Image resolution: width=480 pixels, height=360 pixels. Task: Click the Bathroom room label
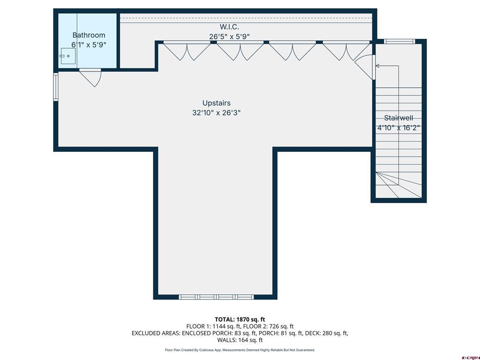tap(89, 35)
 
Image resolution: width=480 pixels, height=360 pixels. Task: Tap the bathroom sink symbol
tap(66, 56)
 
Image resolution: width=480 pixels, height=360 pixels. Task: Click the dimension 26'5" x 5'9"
tap(229, 36)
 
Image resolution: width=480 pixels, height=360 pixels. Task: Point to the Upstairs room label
tap(216, 103)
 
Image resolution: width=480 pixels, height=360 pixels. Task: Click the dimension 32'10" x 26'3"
tap(216, 112)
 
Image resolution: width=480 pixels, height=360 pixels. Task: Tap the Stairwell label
tap(398, 118)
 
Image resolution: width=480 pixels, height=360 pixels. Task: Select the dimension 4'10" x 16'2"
tap(398, 127)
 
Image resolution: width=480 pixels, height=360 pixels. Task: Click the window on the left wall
tap(56, 87)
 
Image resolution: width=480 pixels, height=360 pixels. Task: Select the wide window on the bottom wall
tap(216, 297)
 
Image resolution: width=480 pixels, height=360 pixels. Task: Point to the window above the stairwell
tap(399, 42)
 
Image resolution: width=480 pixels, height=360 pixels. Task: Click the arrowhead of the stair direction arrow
tap(377, 66)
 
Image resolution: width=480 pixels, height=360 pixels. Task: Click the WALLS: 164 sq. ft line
tap(240, 340)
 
